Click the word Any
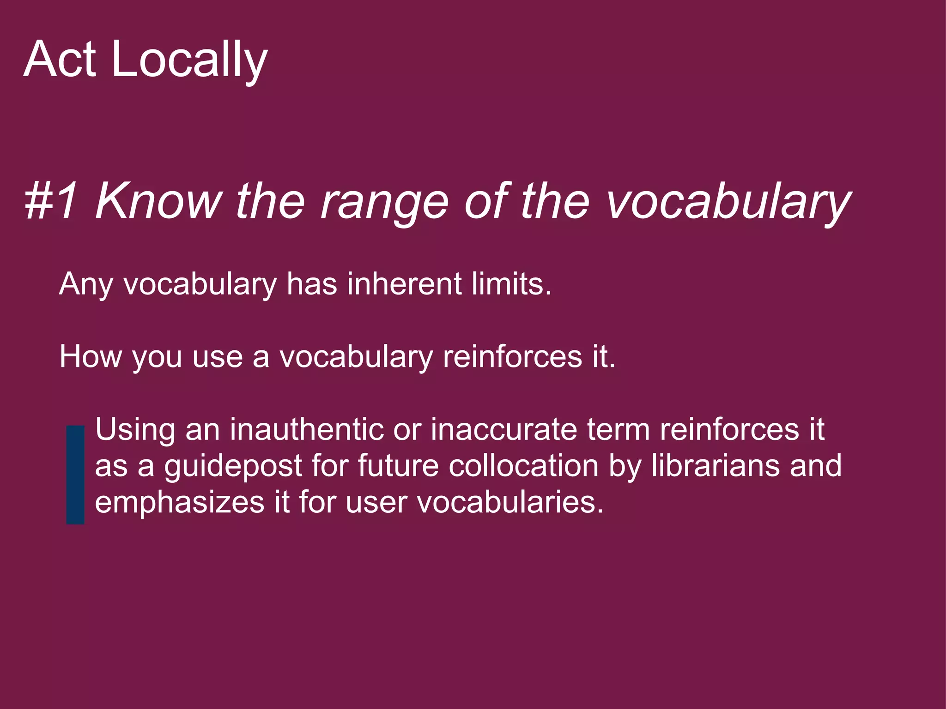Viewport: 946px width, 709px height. click(86, 284)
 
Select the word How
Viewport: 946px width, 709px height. click(91, 357)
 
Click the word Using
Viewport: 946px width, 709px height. click(135, 430)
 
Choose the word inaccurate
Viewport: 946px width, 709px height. click(504, 429)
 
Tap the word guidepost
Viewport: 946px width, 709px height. click(233, 466)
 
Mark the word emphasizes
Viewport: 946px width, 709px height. click(180, 503)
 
